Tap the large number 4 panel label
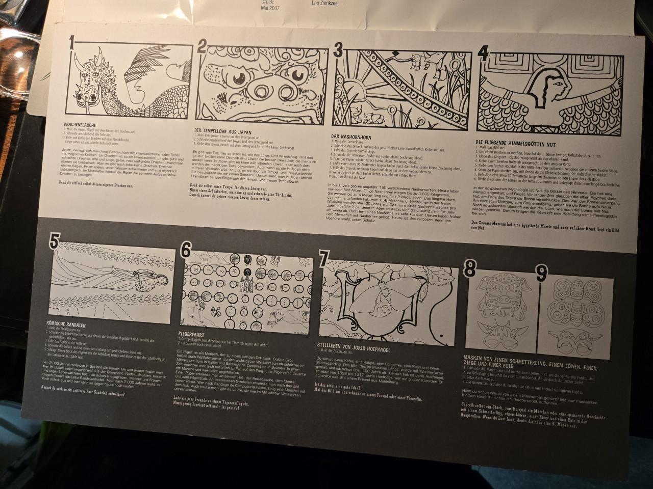click(483, 53)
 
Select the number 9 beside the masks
click(541, 274)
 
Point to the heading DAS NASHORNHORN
click(350, 137)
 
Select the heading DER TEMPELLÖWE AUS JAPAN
click(222, 131)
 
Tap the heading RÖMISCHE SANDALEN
click(66, 324)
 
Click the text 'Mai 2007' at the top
click(270, 8)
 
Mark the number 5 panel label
click(55, 240)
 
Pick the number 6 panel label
click(186, 249)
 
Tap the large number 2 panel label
click(202, 47)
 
